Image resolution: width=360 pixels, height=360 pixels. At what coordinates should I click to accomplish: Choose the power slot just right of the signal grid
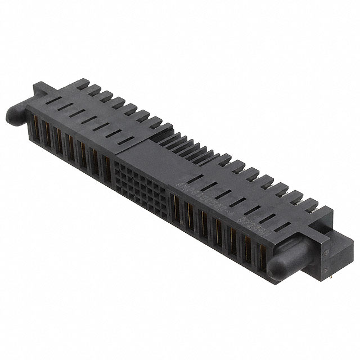176,205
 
